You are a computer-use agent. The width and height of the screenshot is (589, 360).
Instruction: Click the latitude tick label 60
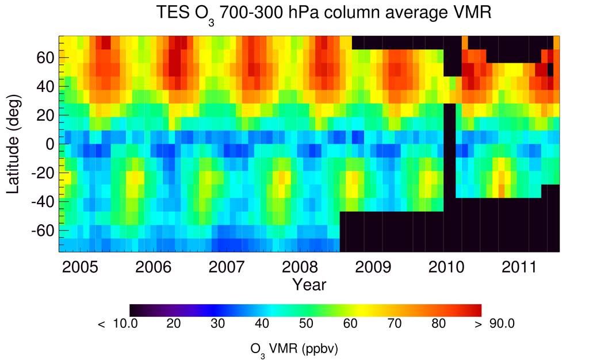46,58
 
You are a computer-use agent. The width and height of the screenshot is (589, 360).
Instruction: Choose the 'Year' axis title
309,284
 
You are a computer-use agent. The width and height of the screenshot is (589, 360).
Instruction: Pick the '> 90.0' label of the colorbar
498,324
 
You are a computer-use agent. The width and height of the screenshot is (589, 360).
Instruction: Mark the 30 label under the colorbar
217,324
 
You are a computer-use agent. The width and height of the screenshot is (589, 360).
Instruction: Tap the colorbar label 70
393,324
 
